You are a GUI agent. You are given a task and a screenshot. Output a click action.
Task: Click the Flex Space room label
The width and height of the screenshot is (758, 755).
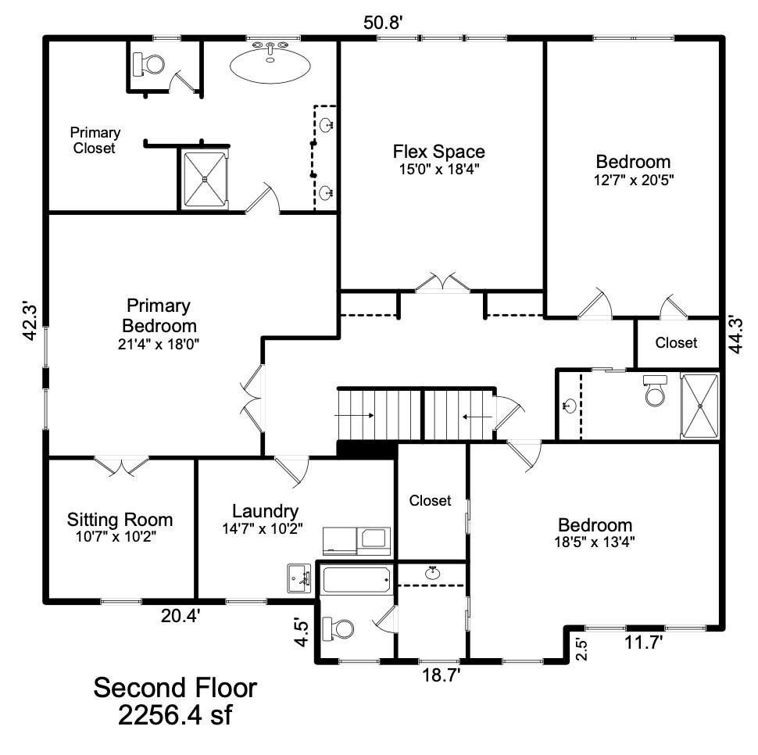tap(438, 151)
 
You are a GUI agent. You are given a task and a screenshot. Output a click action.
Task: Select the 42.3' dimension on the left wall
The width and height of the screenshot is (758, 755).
tap(29, 320)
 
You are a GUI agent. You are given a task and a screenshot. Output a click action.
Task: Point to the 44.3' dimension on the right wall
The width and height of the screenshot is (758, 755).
tap(735, 335)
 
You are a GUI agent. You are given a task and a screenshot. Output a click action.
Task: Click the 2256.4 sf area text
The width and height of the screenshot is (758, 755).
tap(175, 715)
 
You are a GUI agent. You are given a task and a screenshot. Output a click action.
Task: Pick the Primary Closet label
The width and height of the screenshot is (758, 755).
tap(95, 140)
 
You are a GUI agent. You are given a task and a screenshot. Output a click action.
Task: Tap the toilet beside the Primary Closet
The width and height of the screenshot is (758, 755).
tap(148, 64)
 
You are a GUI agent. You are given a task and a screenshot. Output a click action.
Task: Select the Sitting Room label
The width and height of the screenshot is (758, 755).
tap(120, 520)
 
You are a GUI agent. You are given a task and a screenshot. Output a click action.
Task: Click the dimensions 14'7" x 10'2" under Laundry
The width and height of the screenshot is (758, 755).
tap(265, 528)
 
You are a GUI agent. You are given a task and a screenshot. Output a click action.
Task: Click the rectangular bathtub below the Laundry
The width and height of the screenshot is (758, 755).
tap(356, 580)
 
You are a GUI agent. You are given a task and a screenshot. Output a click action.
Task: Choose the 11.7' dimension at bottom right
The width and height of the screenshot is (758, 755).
tap(644, 642)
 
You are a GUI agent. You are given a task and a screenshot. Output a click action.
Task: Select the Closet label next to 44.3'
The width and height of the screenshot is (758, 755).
tap(676, 342)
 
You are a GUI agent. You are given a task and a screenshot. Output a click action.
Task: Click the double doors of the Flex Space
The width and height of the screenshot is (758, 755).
tap(442, 284)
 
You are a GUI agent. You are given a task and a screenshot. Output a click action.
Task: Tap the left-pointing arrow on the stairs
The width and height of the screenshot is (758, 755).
tap(474, 417)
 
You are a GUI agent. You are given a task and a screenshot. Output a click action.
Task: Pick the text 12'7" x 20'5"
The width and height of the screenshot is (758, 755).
tap(633, 179)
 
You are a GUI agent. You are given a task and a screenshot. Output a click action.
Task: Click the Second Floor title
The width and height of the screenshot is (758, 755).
tap(175, 689)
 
